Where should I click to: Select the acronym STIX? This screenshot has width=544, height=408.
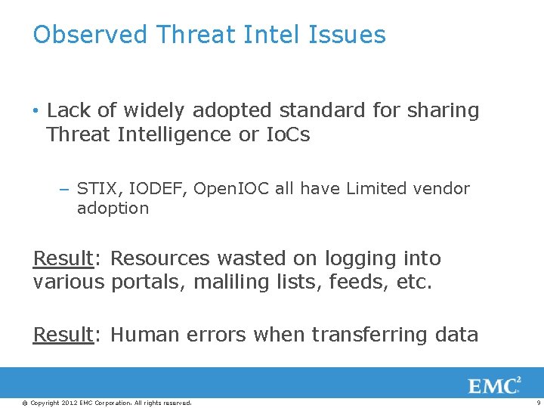(96, 189)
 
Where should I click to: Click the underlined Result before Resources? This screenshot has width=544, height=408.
(62, 258)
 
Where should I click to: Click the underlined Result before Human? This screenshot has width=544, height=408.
(62, 335)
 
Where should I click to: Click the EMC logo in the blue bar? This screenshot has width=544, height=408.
(494, 385)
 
